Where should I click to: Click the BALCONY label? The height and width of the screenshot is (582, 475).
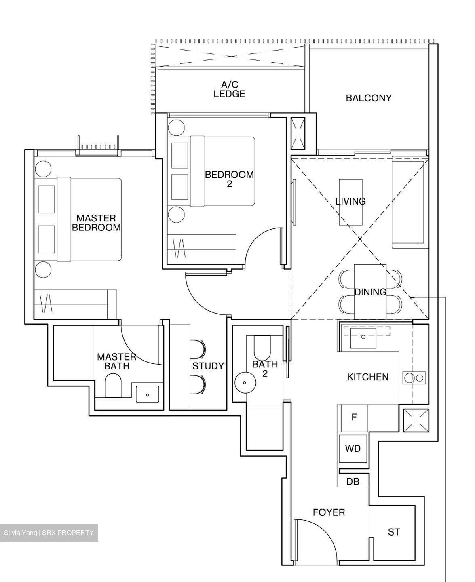click(368, 98)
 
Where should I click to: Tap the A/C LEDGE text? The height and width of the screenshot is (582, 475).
click(229, 89)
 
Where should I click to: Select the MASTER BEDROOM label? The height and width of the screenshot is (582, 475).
click(96, 223)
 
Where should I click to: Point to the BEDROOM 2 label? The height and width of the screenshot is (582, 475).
click(229, 179)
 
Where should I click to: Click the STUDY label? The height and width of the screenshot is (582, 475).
click(208, 366)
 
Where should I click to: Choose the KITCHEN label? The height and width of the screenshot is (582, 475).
click(367, 377)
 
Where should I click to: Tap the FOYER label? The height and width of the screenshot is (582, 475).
click(329, 512)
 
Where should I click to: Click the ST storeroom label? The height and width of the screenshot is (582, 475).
click(394, 532)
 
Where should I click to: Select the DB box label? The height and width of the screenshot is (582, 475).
click(353, 482)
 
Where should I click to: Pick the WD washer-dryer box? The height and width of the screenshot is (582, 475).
click(353, 449)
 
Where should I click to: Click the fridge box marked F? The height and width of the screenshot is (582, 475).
click(354, 418)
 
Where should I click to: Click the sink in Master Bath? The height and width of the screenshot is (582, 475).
click(148, 394)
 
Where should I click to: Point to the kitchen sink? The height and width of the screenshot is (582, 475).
click(363, 335)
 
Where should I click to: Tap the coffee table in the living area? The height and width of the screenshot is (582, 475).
click(350, 202)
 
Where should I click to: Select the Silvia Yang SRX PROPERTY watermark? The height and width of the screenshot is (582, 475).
click(49, 533)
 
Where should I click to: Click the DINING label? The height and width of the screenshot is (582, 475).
click(370, 292)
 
